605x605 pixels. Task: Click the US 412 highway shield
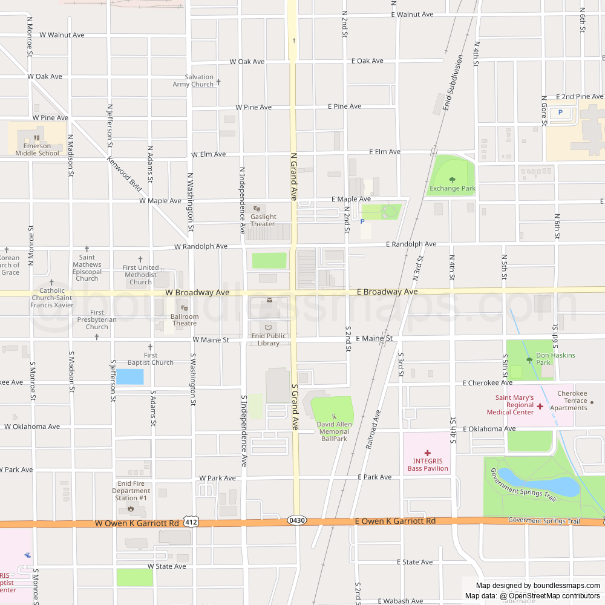pyautogui.click(x=192, y=522)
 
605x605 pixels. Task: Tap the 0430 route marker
pyautogui.click(x=296, y=520)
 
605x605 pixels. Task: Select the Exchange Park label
pyautogui.click(x=452, y=188)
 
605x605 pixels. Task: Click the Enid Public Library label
pyautogui.click(x=269, y=339)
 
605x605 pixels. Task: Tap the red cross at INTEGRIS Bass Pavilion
pyautogui.click(x=427, y=453)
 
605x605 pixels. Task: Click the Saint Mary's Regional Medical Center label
pyautogui.click(x=510, y=405)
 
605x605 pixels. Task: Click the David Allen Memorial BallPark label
pyautogui.click(x=334, y=431)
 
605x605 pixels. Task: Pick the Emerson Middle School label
pyautogui.click(x=38, y=149)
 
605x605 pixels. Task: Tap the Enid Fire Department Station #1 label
pyautogui.click(x=131, y=491)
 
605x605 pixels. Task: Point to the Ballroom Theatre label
pyautogui.click(x=185, y=319)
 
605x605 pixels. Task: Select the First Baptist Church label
pyautogui.click(x=151, y=359)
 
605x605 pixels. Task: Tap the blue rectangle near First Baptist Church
pyautogui.click(x=129, y=377)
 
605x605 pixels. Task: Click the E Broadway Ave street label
pyautogui.click(x=387, y=292)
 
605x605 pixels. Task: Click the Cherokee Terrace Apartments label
pyautogui.click(x=572, y=401)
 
